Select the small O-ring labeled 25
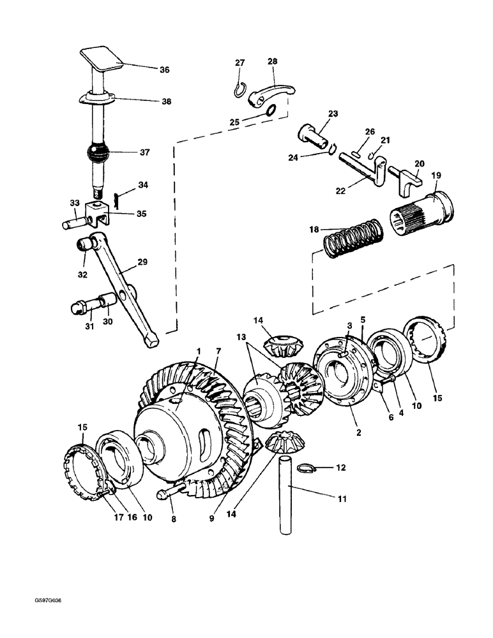(x=270, y=111)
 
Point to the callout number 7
(x=218, y=352)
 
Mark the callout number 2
(x=359, y=433)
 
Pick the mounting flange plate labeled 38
(x=96, y=99)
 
